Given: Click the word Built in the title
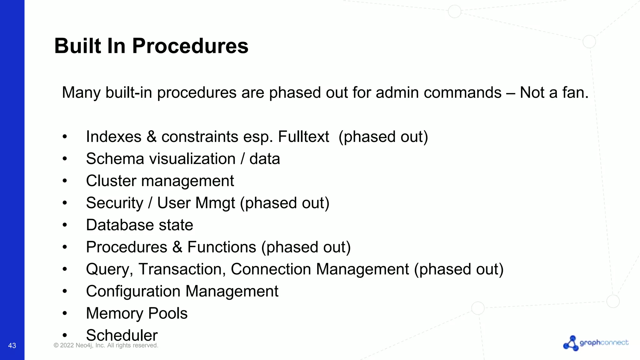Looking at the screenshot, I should click(x=78, y=46).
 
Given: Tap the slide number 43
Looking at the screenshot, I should click(x=12, y=346).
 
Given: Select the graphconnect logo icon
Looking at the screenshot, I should click(x=571, y=343).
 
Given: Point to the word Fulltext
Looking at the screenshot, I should click(x=303, y=137).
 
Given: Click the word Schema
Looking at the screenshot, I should click(x=113, y=159).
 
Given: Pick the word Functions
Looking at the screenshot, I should click(x=222, y=247).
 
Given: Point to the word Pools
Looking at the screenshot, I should click(x=168, y=313).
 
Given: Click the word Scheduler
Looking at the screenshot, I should click(x=122, y=336).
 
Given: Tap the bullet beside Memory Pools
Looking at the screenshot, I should click(x=65, y=313).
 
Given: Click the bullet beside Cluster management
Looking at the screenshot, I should click(x=65, y=181).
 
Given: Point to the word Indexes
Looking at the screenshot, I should click(x=113, y=137).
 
